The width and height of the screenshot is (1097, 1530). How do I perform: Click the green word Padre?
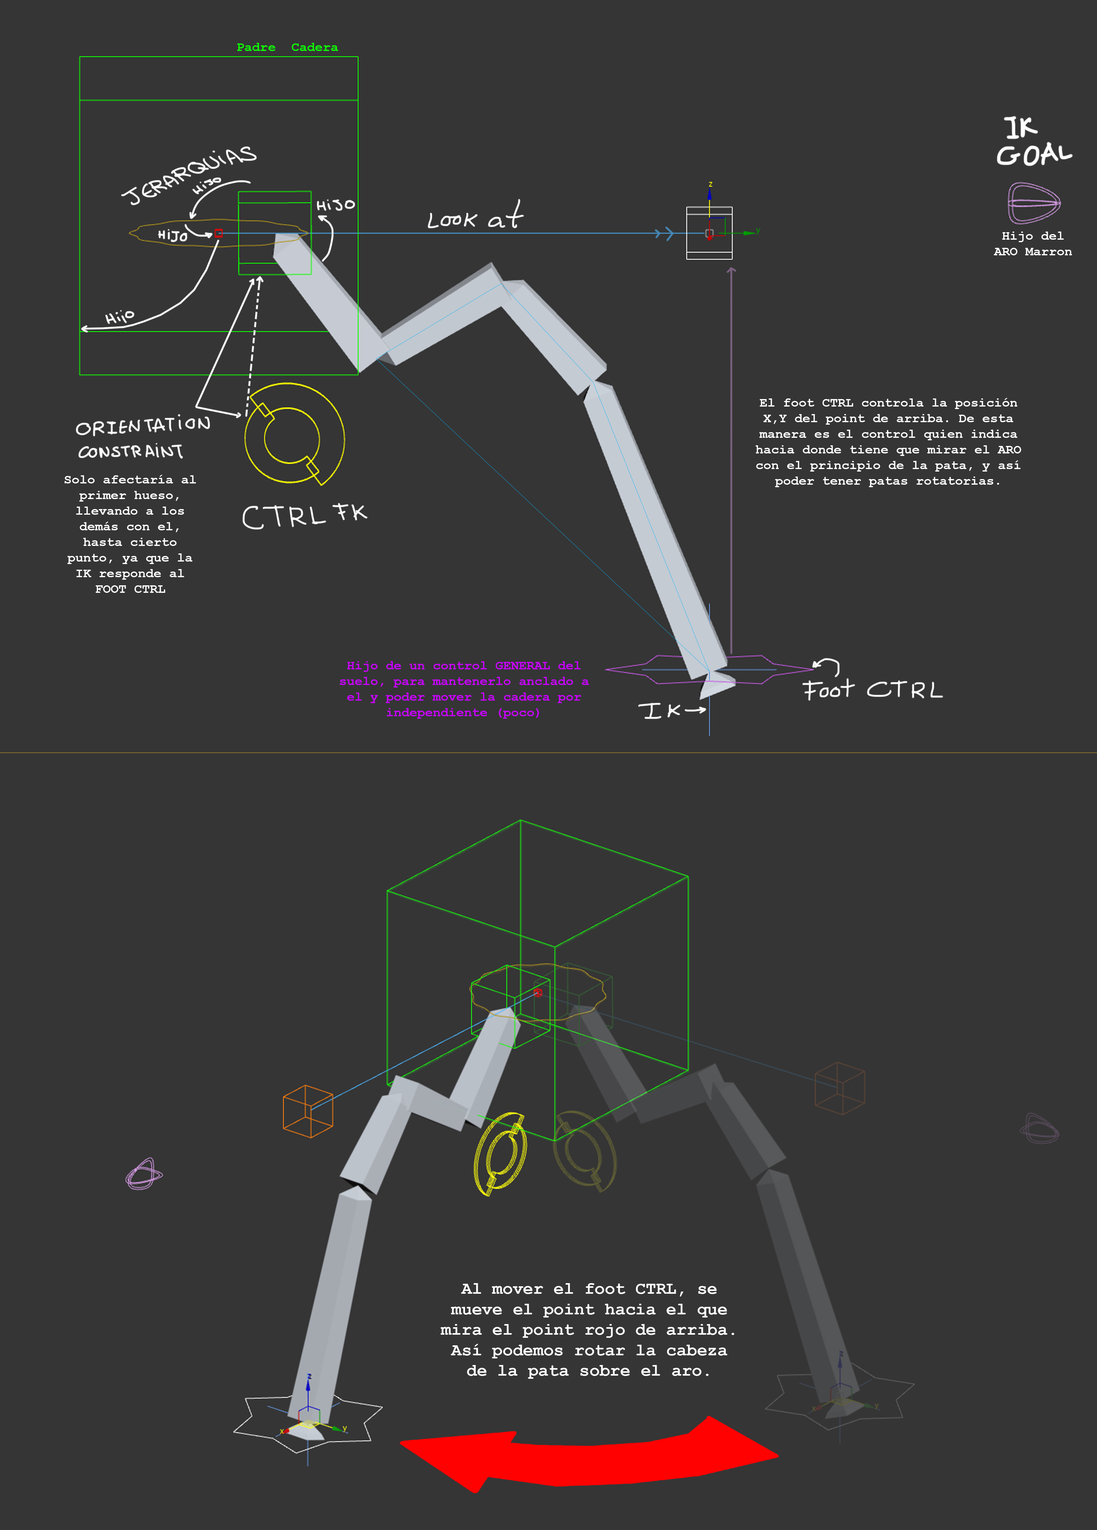256,47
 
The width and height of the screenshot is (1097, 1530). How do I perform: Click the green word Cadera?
315,47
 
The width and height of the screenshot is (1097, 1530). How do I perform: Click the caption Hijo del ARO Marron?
1032,243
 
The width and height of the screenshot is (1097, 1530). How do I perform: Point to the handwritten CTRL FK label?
304,516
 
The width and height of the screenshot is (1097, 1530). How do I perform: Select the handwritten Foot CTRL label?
872,689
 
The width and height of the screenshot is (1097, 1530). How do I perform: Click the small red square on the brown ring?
218,233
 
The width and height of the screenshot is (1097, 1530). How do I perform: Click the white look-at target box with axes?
709,233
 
